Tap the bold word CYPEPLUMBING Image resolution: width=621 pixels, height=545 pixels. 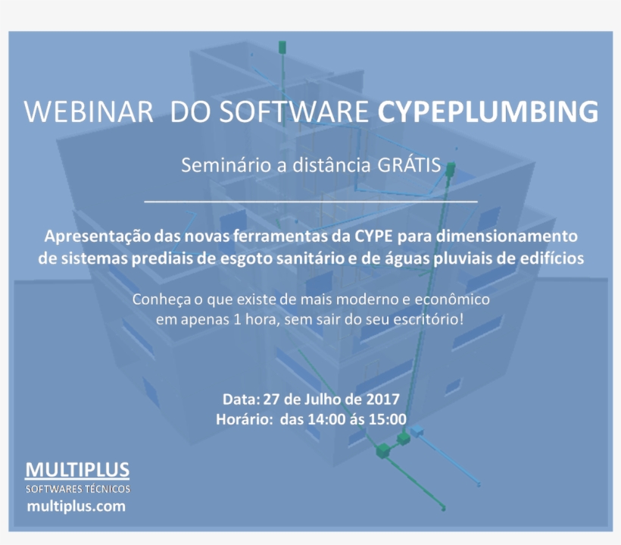coord(488,111)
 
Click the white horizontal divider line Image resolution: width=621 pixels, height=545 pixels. coord(310,202)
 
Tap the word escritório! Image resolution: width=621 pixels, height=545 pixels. coord(425,319)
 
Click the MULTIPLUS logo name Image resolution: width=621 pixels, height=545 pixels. coord(78,470)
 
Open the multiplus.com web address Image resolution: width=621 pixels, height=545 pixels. coord(76,506)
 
